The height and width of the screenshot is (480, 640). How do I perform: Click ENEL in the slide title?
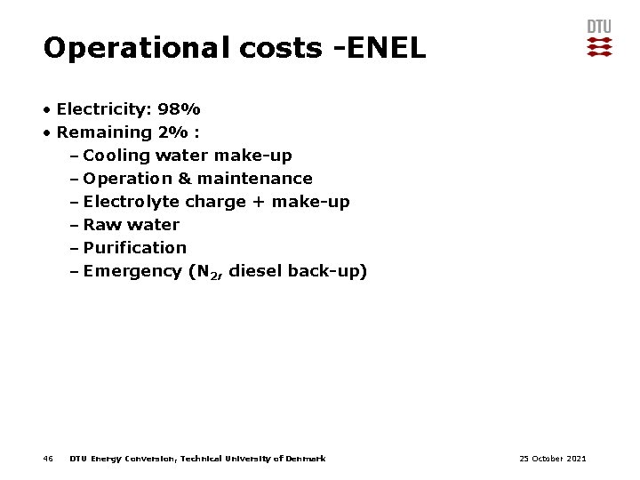[384, 48]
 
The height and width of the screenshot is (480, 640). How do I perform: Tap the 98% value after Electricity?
[179, 109]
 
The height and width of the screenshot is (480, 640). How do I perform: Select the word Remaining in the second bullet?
[104, 132]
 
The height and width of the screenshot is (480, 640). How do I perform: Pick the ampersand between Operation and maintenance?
[185, 179]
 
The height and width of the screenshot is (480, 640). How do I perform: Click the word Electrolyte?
[132, 202]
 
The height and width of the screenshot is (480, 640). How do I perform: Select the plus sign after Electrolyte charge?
[258, 202]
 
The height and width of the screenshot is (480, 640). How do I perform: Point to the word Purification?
[135, 248]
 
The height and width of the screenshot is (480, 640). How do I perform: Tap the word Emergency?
[132, 271]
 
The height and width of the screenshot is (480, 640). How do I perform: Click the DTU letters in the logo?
[599, 27]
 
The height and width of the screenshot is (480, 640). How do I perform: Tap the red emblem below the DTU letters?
[599, 47]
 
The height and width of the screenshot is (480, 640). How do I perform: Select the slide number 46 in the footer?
[48, 459]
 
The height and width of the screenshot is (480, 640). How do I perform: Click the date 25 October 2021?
[552, 459]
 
